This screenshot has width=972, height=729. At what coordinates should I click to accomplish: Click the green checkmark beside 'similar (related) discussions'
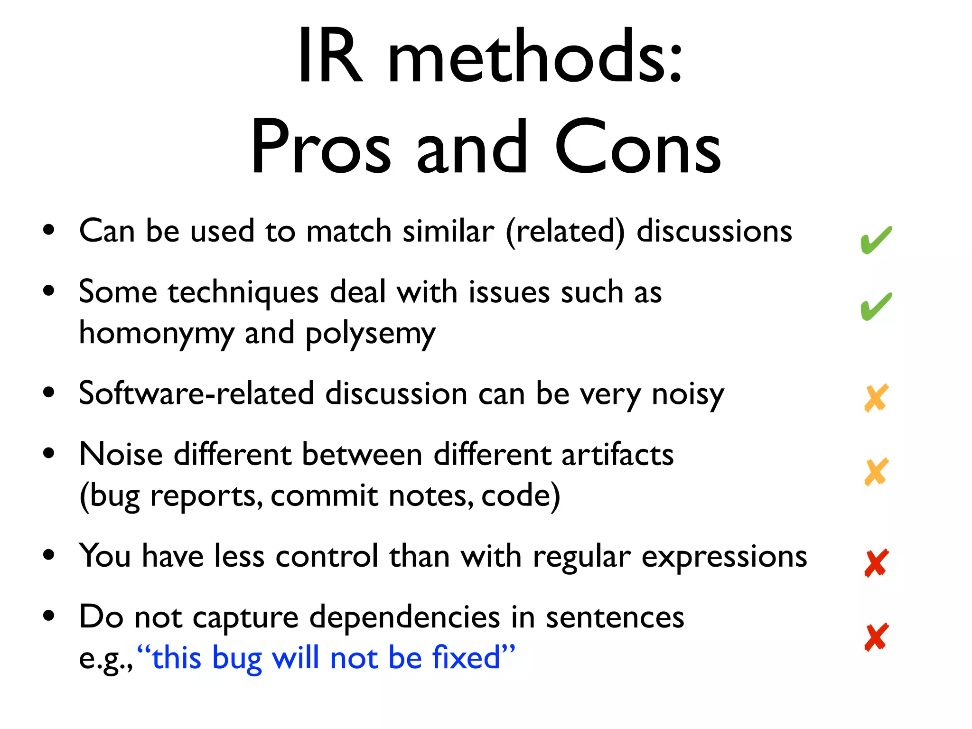[x=876, y=240]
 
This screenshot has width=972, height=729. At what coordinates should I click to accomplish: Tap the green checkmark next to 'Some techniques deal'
[x=876, y=307]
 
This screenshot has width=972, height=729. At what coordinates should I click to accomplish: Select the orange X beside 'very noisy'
[x=876, y=398]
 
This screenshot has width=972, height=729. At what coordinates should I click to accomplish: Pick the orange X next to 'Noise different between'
[x=876, y=472]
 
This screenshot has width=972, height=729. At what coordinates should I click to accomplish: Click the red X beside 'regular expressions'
[x=876, y=563]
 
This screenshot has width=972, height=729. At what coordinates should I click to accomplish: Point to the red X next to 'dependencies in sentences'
[x=876, y=637]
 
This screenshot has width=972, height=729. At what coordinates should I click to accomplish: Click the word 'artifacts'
[x=617, y=455]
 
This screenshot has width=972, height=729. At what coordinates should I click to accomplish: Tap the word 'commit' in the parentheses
[x=324, y=496]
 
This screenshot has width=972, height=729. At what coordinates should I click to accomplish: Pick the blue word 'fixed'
[x=466, y=659]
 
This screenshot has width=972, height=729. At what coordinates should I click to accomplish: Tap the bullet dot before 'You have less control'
[x=48, y=555]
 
